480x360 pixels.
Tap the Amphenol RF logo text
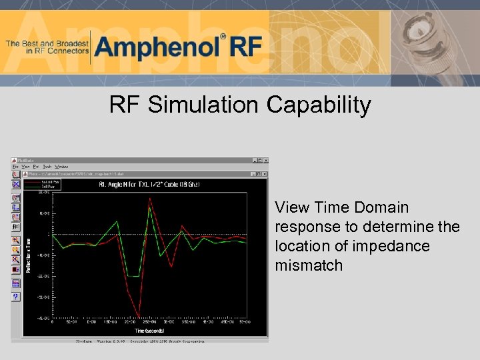click(179, 47)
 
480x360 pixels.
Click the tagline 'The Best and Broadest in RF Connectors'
click(47, 47)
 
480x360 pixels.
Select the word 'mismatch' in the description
click(309, 265)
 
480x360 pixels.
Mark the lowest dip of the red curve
click(138, 316)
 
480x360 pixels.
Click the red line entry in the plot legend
click(42, 181)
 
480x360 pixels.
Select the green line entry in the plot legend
click(42, 185)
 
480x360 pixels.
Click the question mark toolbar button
click(16, 297)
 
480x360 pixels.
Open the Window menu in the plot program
click(61, 167)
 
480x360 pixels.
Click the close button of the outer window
click(265, 161)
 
